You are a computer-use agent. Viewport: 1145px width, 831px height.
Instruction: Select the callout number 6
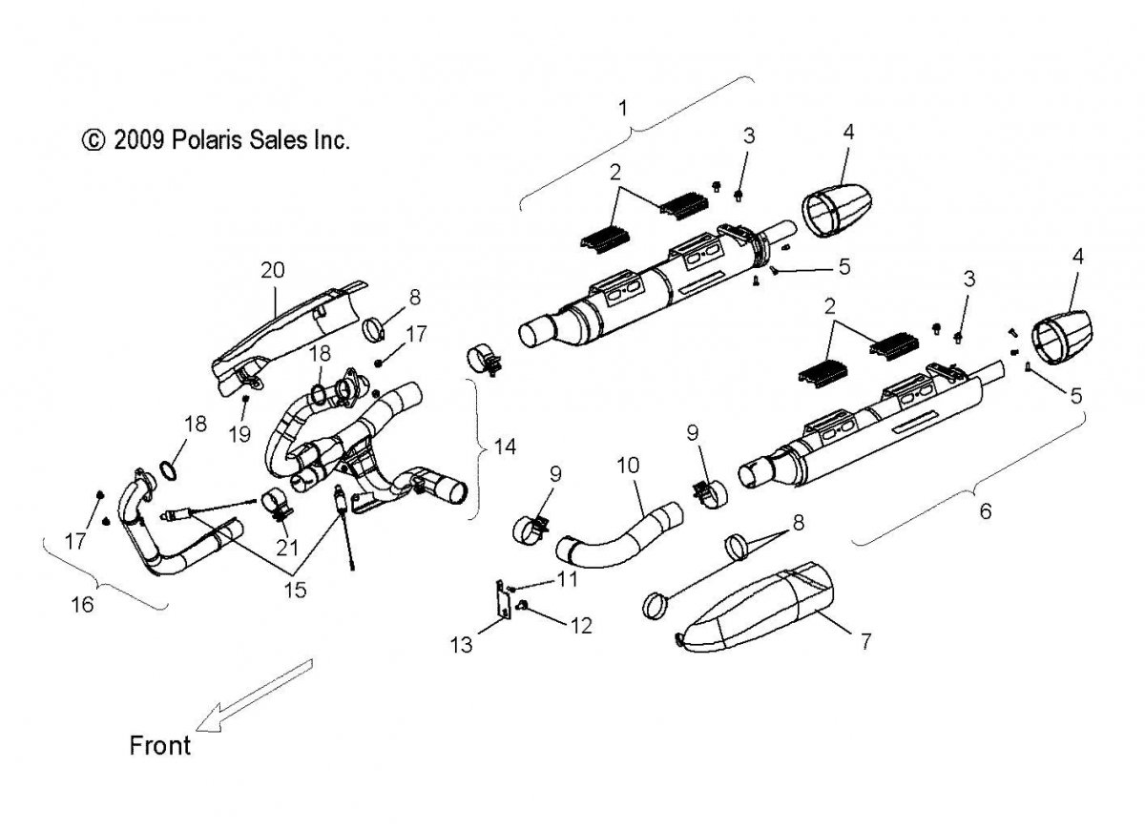click(x=985, y=511)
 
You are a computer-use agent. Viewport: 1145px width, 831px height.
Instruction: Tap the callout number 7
click(x=865, y=641)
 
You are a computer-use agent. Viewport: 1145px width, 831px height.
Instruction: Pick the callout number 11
click(x=569, y=579)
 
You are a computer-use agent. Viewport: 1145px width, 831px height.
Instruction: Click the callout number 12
click(x=580, y=626)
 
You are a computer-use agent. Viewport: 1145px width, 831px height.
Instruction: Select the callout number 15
click(x=295, y=590)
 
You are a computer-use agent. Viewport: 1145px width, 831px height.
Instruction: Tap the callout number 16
click(x=83, y=605)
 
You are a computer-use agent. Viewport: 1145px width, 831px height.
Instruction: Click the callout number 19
click(x=239, y=433)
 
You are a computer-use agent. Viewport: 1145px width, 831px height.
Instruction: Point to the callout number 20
click(x=272, y=270)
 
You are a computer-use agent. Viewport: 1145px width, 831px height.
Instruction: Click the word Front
click(x=160, y=744)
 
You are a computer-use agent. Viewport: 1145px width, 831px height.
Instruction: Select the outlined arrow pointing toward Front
click(x=250, y=696)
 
